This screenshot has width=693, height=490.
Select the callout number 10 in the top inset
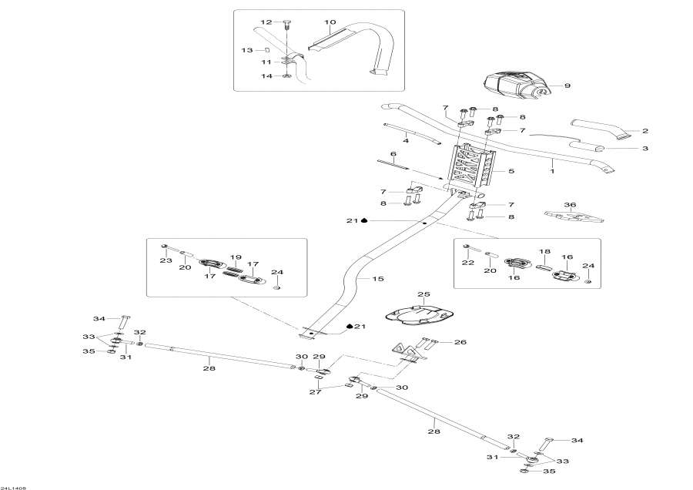(330, 22)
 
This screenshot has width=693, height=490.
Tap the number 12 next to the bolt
(266, 22)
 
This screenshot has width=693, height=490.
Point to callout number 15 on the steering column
(377, 278)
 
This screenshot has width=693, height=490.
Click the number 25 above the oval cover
(422, 294)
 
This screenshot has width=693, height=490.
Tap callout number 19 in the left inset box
(236, 257)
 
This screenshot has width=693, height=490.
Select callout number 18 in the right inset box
(544, 252)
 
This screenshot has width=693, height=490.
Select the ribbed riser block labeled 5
(470, 171)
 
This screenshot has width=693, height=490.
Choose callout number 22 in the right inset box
(467, 263)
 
